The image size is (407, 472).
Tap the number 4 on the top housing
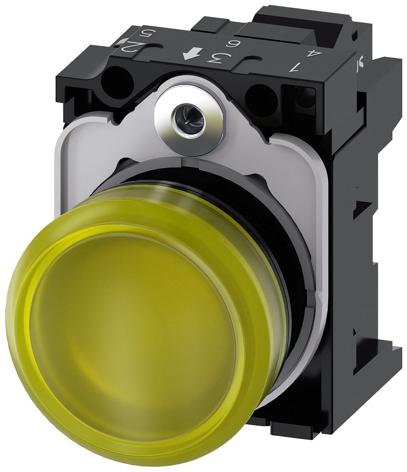[x=309, y=53]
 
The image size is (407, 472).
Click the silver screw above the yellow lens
[x=191, y=115]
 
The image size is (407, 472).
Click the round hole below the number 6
[x=262, y=100]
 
